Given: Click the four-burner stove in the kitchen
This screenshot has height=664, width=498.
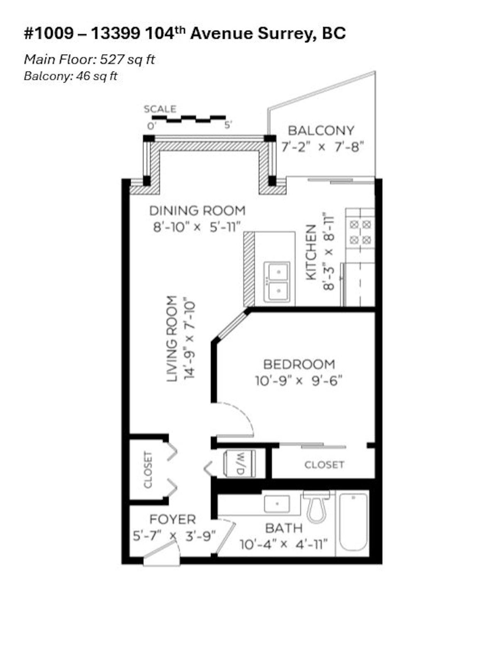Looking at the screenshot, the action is click(x=360, y=232).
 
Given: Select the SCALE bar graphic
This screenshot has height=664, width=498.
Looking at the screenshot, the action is click(x=192, y=119).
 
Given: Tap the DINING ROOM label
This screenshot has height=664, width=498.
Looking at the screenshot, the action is click(x=197, y=211).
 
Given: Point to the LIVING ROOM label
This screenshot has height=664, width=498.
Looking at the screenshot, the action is click(x=172, y=339).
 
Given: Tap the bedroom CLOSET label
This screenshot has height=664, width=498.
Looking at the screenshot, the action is click(x=324, y=465).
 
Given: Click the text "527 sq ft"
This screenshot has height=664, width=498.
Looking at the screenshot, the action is click(x=127, y=59).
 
